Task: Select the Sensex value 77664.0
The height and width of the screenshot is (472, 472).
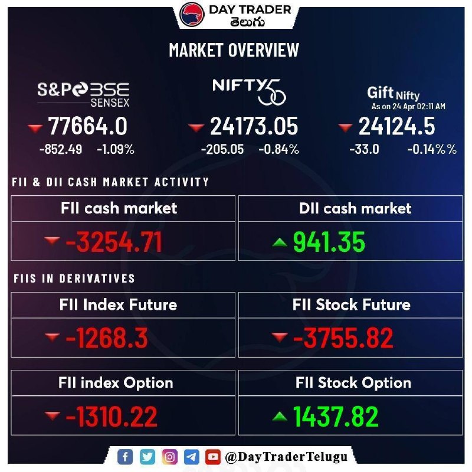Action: pyautogui.click(x=87, y=126)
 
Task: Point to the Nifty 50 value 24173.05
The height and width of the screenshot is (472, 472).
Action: pyautogui.click(x=254, y=126)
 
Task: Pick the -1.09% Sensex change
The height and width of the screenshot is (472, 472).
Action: pyautogui.click(x=116, y=149)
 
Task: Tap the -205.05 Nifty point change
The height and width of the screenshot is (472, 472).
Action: pyautogui.click(x=222, y=149)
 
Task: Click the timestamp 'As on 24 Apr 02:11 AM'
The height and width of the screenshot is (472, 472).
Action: pyautogui.click(x=408, y=107)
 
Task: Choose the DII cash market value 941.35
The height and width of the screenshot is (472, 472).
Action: pyautogui.click(x=329, y=242)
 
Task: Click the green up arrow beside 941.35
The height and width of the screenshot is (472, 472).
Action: pyautogui.click(x=280, y=242)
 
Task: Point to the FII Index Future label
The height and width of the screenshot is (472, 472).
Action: pyautogui.click(x=118, y=304)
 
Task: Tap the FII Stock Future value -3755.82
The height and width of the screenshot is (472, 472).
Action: pyautogui.click(x=343, y=338)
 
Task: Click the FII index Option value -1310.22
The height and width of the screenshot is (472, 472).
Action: pyautogui.click(x=112, y=417)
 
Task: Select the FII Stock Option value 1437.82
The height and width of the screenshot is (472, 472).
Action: pyautogui.click(x=336, y=417)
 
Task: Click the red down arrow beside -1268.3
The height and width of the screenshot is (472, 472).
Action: pyautogui.click(x=53, y=337)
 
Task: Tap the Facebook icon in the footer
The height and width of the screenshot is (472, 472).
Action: pyautogui.click(x=125, y=457)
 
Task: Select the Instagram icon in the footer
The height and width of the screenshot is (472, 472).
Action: pyautogui.click(x=169, y=457)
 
